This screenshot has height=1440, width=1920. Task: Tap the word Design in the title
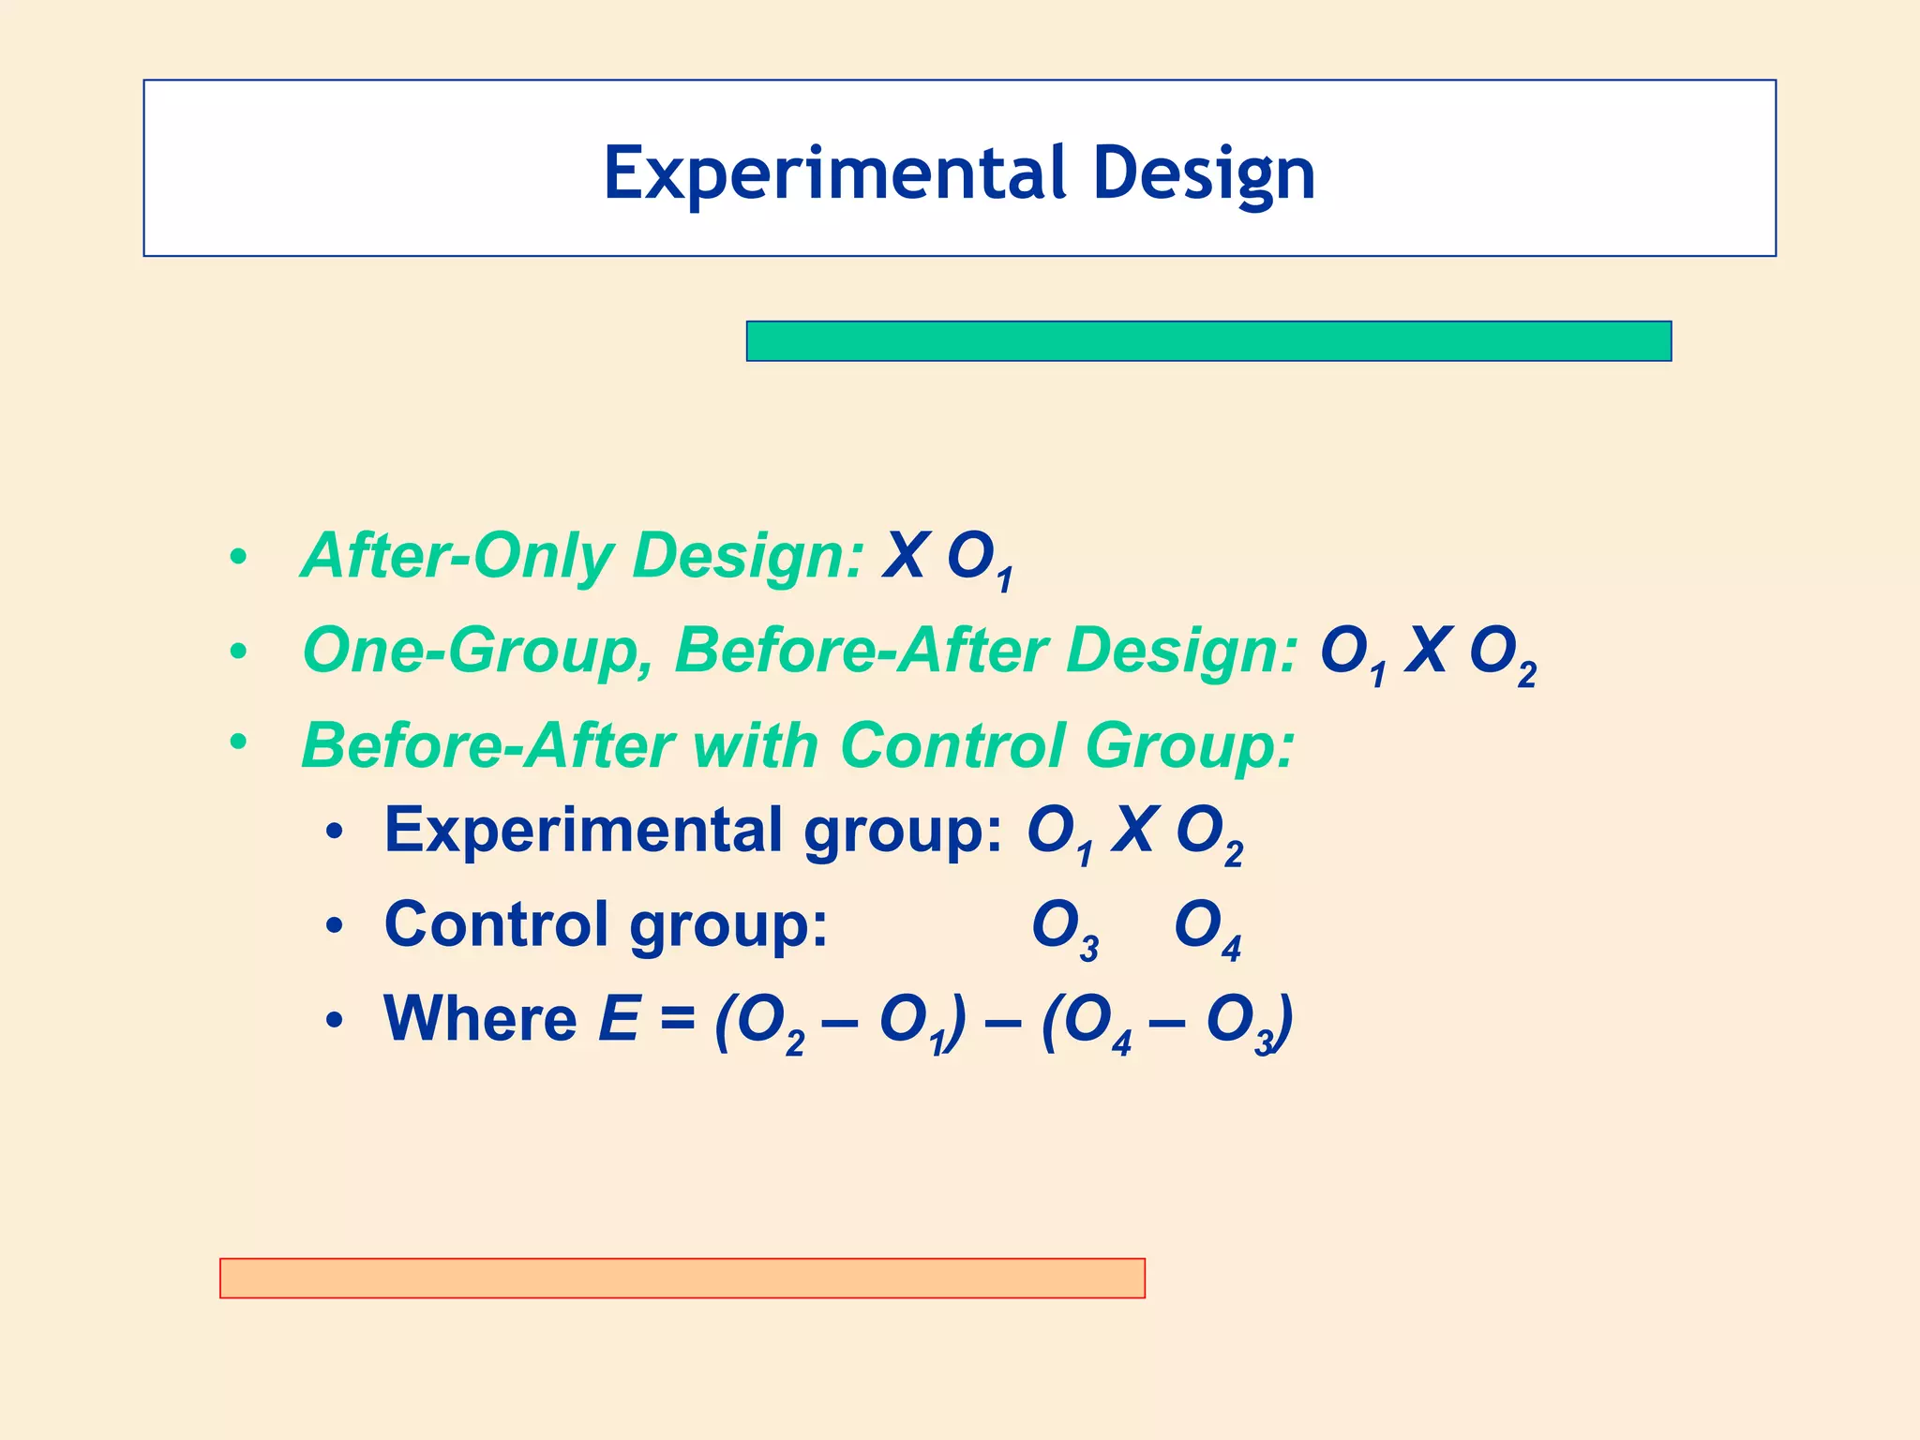click(1204, 173)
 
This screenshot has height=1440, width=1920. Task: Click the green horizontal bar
click(1208, 341)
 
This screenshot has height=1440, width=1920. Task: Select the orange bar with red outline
click(682, 1278)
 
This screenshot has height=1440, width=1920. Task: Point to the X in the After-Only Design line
click(906, 556)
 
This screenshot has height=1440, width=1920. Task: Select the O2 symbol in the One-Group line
click(1501, 653)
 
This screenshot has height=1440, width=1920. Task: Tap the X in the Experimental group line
click(1135, 831)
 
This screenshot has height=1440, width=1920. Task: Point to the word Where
click(480, 1019)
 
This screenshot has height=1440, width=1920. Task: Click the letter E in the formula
click(619, 1019)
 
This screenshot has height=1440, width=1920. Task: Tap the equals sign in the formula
click(677, 1020)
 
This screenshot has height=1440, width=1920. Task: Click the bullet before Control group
click(335, 927)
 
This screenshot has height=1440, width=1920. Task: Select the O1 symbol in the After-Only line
click(979, 560)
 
